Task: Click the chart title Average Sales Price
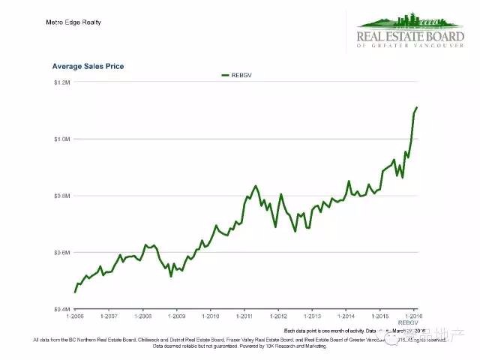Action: click(x=88, y=67)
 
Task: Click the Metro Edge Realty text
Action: click(x=73, y=22)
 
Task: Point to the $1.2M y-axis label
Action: click(x=61, y=82)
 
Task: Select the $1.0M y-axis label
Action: click(x=61, y=139)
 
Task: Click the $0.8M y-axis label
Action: click(x=61, y=196)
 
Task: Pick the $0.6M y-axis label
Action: click(x=61, y=253)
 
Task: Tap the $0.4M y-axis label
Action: click(x=61, y=309)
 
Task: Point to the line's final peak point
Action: click(x=417, y=108)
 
